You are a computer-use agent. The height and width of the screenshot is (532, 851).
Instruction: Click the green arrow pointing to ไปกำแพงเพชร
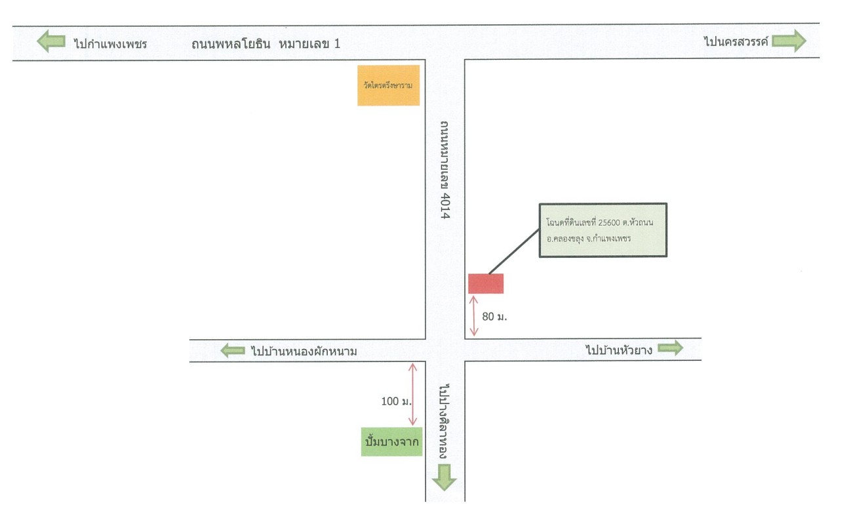51,41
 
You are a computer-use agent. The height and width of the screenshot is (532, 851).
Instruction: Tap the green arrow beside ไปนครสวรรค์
789,40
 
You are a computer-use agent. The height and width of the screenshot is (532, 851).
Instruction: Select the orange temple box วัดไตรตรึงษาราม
388,85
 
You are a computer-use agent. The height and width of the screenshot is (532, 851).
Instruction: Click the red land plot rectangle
486,283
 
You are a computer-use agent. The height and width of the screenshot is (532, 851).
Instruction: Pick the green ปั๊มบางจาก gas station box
391,441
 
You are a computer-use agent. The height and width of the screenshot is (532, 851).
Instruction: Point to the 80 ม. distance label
494,317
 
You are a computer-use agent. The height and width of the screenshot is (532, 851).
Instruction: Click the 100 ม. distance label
396,401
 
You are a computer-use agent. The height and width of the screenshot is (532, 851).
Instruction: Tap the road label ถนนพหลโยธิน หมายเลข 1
266,44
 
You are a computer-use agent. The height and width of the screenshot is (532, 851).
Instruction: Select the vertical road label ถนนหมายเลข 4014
445,170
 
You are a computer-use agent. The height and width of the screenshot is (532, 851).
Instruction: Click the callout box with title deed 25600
603,230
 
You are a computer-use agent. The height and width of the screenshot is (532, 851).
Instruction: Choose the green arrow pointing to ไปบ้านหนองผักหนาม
233,350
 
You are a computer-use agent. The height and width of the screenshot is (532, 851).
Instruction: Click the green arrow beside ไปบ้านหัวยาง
671,348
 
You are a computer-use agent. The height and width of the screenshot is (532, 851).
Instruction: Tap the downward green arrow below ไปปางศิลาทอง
444,478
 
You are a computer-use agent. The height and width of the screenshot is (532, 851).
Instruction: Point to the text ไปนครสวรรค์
736,42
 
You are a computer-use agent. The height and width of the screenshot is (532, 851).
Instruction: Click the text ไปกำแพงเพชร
110,44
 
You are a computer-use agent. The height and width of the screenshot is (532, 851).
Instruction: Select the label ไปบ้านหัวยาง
619,350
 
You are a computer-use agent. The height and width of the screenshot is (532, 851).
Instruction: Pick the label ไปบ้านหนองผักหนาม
304,352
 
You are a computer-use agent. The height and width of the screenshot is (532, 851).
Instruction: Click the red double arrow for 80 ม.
474,316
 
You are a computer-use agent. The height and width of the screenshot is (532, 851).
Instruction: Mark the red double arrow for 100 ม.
412,394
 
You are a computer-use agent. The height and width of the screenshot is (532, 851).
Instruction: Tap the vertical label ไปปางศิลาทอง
444,421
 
